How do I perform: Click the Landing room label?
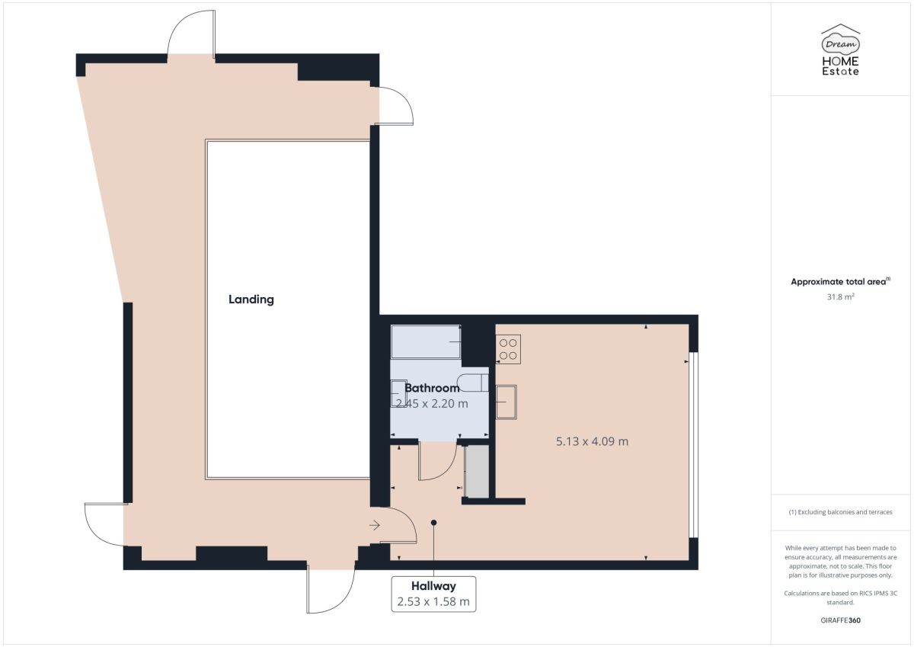click(x=251, y=299)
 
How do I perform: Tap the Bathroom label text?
click(x=432, y=388)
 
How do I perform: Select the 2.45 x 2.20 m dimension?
click(x=432, y=404)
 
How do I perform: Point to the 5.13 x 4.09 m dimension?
click(x=592, y=441)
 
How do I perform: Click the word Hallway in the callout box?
click(x=433, y=586)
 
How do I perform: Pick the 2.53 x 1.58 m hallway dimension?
click(x=433, y=602)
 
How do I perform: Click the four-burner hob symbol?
click(x=508, y=349)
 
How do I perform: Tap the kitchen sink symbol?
click(x=506, y=402)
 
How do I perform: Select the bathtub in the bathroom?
click(x=426, y=342)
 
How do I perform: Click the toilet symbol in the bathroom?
click(x=473, y=383)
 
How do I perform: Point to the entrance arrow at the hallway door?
click(x=375, y=525)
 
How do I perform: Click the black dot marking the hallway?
click(x=433, y=523)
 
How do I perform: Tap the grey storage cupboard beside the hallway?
click(x=477, y=472)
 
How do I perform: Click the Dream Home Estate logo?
click(x=841, y=50)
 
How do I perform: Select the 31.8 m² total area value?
click(x=841, y=296)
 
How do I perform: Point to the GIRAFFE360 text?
click(x=841, y=620)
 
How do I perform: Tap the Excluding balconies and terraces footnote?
click(x=841, y=512)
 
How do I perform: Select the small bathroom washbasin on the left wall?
click(x=398, y=393)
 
